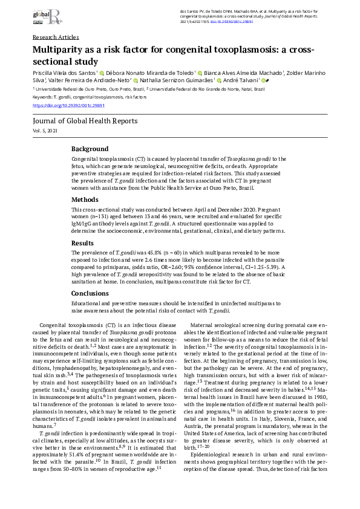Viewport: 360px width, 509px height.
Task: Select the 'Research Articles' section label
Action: pos(56,37)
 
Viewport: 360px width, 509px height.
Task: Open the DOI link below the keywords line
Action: pos(64,105)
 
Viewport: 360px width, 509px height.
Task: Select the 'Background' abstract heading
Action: pos(90,149)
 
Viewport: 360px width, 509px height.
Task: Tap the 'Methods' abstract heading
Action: pos(85,199)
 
